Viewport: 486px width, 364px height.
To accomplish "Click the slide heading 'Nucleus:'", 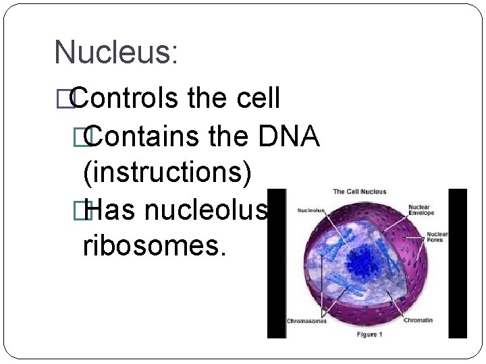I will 115,53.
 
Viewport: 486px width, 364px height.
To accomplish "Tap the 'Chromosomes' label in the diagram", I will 307,321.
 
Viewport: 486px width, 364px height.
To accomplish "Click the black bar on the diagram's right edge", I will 458,263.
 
